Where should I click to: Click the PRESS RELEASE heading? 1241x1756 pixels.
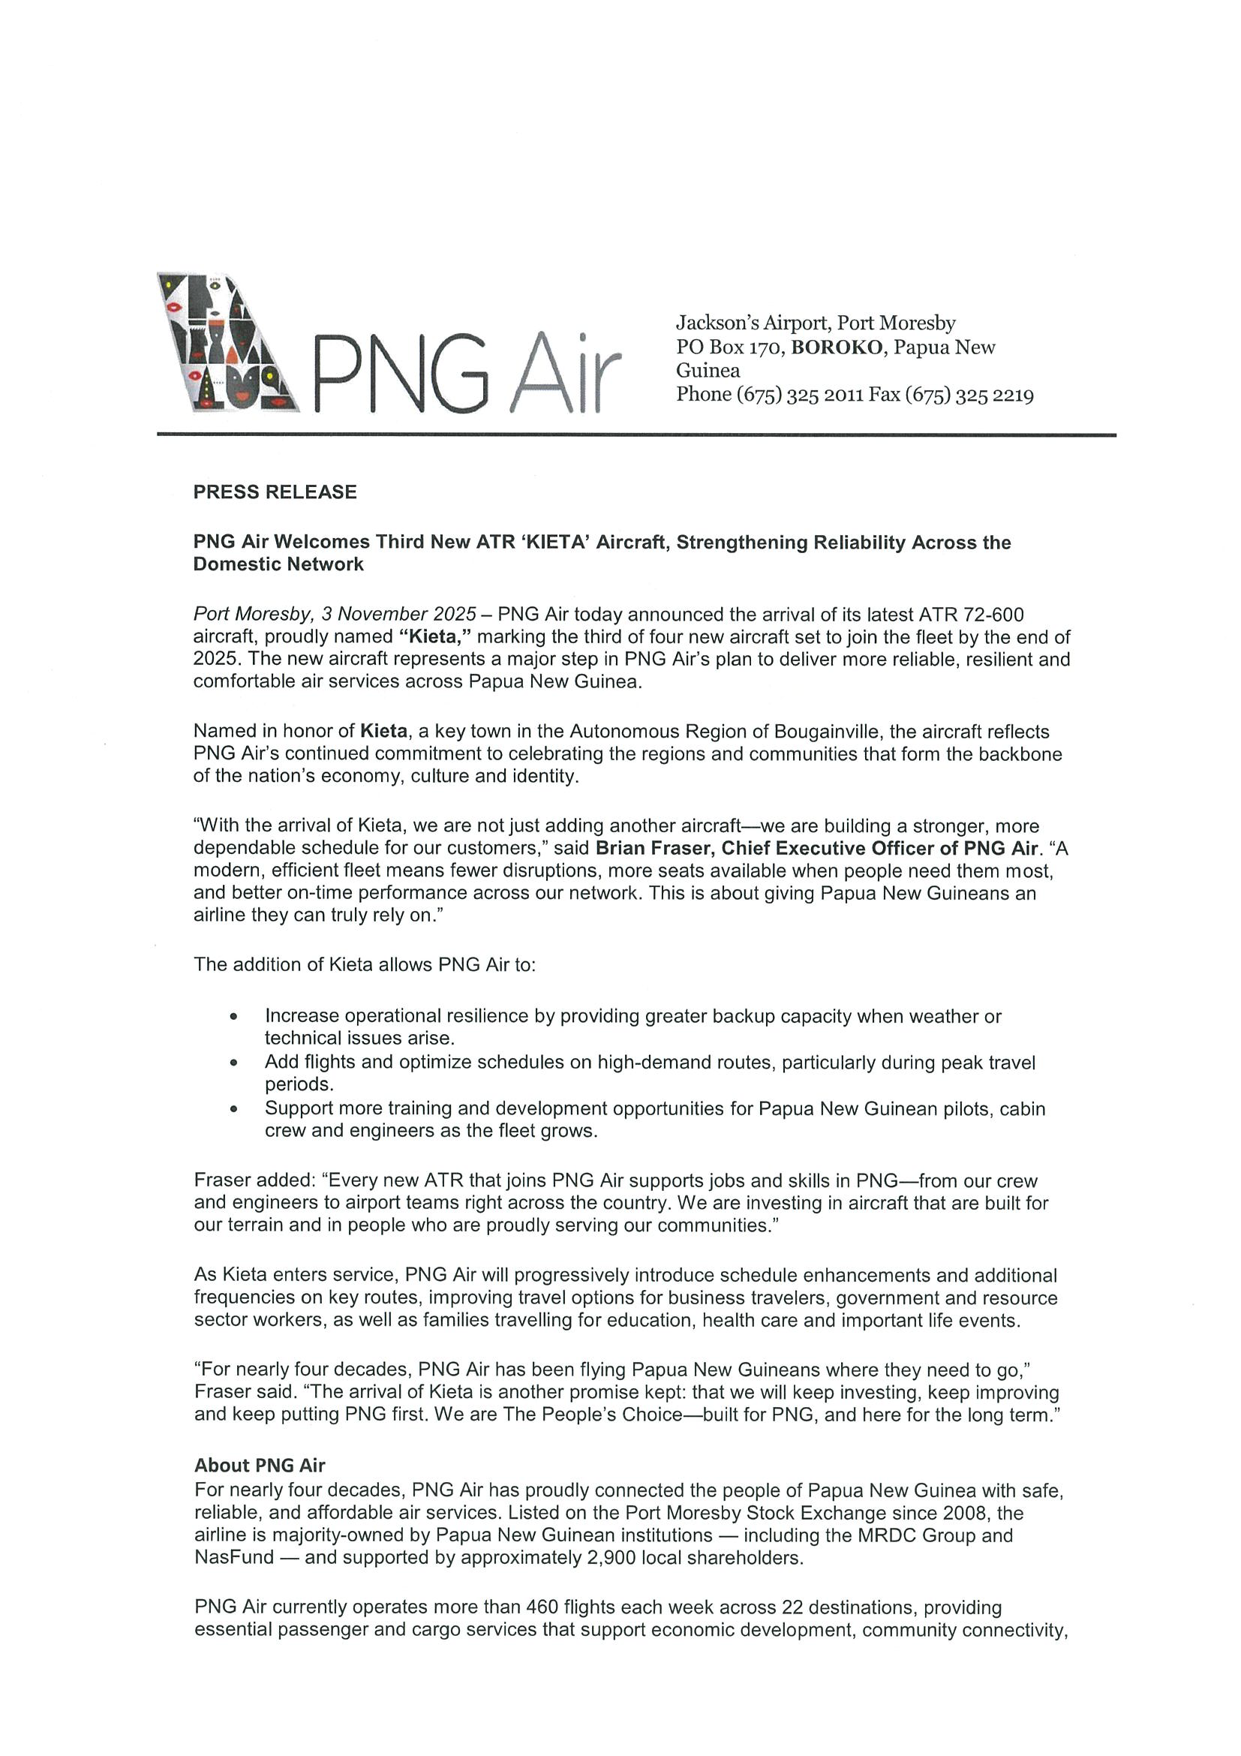(275, 492)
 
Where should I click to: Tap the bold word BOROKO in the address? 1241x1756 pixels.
(836, 347)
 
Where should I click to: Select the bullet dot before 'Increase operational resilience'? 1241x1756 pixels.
(234, 1017)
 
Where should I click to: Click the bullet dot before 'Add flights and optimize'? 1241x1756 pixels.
(234, 1063)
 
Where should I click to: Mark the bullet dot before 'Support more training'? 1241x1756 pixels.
(234, 1109)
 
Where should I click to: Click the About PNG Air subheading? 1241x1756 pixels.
(259, 1466)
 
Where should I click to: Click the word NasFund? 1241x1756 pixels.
(233, 1558)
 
